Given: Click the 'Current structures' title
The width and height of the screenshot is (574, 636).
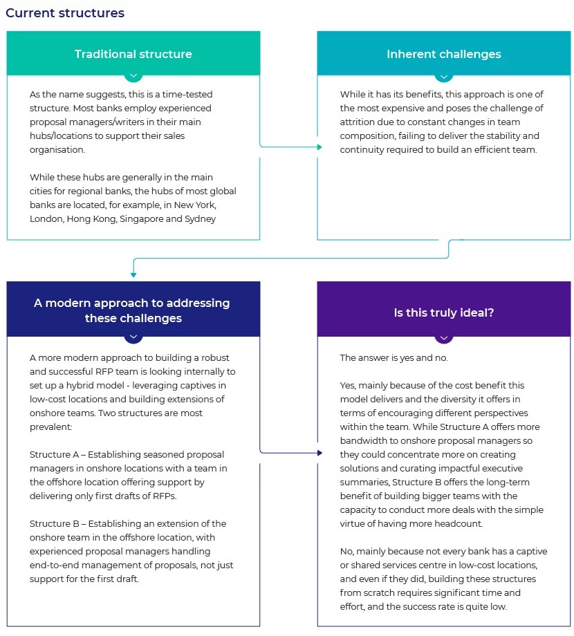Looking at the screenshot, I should pyautogui.click(x=65, y=13).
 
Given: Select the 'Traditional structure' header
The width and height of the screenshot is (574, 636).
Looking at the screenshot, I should pyautogui.click(x=133, y=54).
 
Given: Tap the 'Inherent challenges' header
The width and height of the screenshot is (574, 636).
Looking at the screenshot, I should pyautogui.click(x=444, y=54).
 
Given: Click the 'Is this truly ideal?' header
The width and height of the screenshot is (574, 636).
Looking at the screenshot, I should pyautogui.click(x=444, y=312).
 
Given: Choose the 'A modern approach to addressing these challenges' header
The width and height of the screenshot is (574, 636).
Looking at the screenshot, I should pyautogui.click(x=133, y=310).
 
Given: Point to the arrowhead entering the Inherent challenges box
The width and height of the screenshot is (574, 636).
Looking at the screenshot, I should pyautogui.click(x=319, y=147).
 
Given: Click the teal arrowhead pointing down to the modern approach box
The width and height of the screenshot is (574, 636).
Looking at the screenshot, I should pyautogui.click(x=133, y=274).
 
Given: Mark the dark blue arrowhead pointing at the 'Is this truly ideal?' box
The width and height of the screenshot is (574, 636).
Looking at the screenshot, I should pyautogui.click(x=319, y=453).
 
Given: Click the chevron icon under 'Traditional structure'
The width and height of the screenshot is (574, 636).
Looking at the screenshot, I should pyautogui.click(x=133, y=75).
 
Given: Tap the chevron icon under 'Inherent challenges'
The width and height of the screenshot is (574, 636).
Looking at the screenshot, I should pyautogui.click(x=444, y=75).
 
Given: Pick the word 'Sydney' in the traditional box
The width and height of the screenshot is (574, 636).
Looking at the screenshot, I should pyautogui.click(x=198, y=218).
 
